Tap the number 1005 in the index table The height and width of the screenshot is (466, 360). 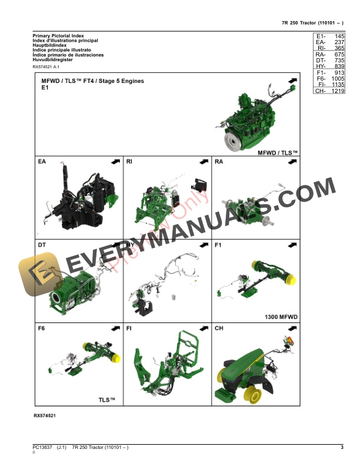[337, 78]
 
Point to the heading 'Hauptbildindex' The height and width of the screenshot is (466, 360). [50, 45]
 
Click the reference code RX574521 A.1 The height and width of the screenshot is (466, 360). [46, 68]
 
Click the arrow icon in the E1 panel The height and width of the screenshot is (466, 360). [291, 81]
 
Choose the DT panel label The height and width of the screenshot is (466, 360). [42, 244]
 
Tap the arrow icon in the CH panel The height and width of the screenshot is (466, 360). [291, 328]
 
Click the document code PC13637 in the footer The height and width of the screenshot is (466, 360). [42, 449]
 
